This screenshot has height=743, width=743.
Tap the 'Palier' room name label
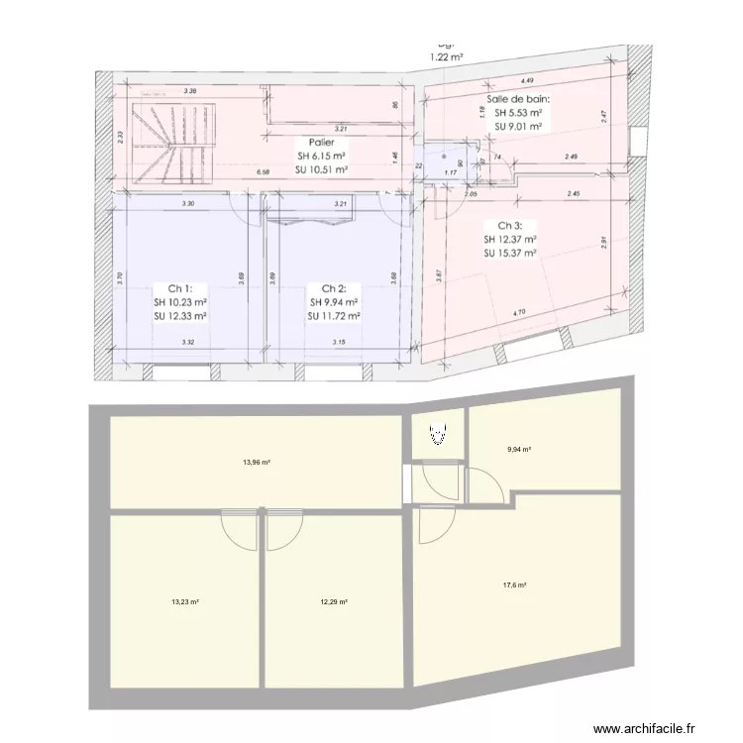click(322, 142)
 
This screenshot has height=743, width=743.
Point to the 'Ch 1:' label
click(179, 288)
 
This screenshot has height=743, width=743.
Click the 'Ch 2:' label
click(333, 288)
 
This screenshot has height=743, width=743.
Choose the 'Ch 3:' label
click(510, 225)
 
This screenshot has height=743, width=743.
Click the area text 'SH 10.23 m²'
click(179, 302)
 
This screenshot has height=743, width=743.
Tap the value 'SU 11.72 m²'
click(333, 316)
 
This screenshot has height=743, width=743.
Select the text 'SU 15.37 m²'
click(510, 253)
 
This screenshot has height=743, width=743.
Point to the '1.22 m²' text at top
click(447, 57)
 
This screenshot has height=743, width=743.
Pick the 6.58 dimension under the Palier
click(264, 172)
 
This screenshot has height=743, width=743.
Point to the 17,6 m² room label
click(514, 585)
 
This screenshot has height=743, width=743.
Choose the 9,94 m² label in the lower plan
click(519, 449)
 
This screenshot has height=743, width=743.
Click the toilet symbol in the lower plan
click(437, 432)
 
